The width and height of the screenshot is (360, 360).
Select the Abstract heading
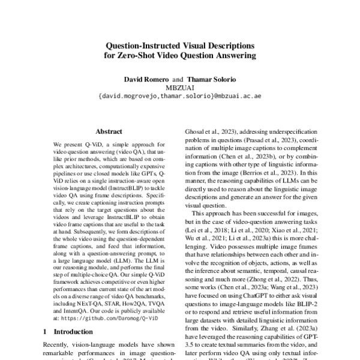click(109, 131)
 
